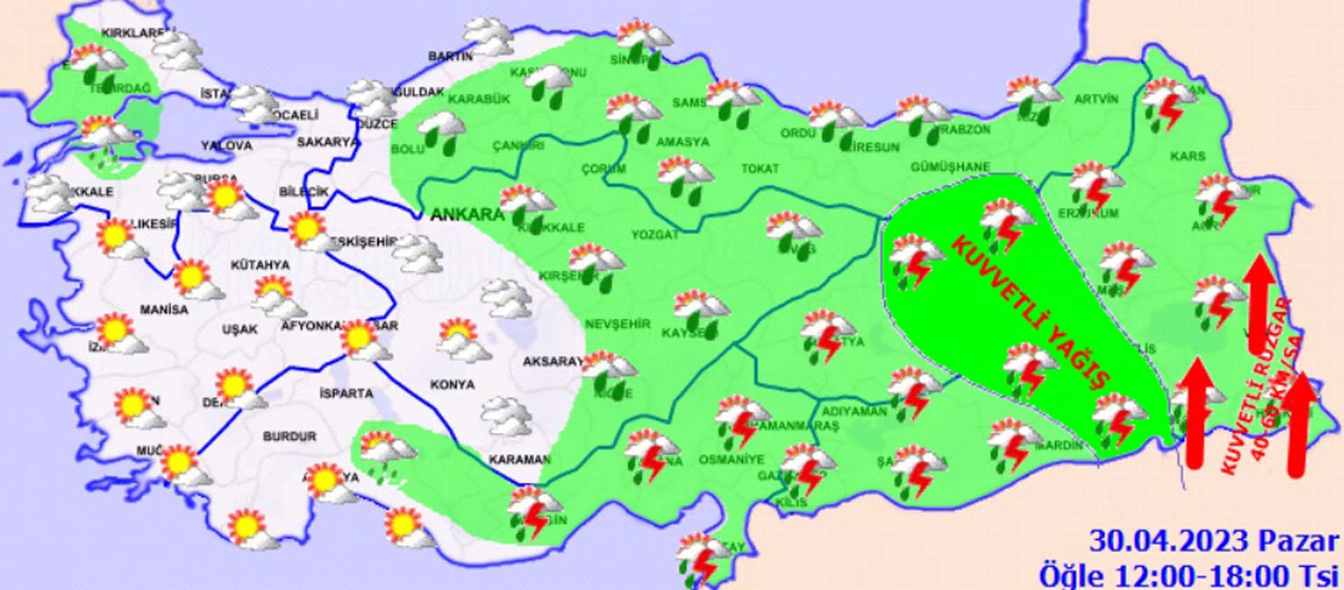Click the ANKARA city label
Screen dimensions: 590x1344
coord(466,214)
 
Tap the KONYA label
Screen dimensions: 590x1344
coord(452,385)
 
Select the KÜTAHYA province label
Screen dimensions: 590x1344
coord(260,266)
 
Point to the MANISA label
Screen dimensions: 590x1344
coord(164,310)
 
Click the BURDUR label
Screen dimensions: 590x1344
coord(289,437)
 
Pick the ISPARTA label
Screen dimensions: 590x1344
coord(346,394)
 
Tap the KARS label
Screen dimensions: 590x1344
coord(1187,156)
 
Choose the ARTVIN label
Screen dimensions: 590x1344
coord(1096,100)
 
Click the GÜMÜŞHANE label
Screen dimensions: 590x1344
coord(950,167)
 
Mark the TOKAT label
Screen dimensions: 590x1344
coord(759,169)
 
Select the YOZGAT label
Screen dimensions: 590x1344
coord(655,235)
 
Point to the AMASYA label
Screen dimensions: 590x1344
coord(682,142)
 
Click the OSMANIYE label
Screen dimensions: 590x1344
coord(731,460)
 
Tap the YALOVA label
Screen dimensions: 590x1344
coord(226,146)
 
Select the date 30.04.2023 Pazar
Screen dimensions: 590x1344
coord(1213,542)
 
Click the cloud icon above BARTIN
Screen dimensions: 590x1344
coord(489,35)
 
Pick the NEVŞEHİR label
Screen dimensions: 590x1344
coord(617,324)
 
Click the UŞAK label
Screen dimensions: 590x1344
coord(239,329)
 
